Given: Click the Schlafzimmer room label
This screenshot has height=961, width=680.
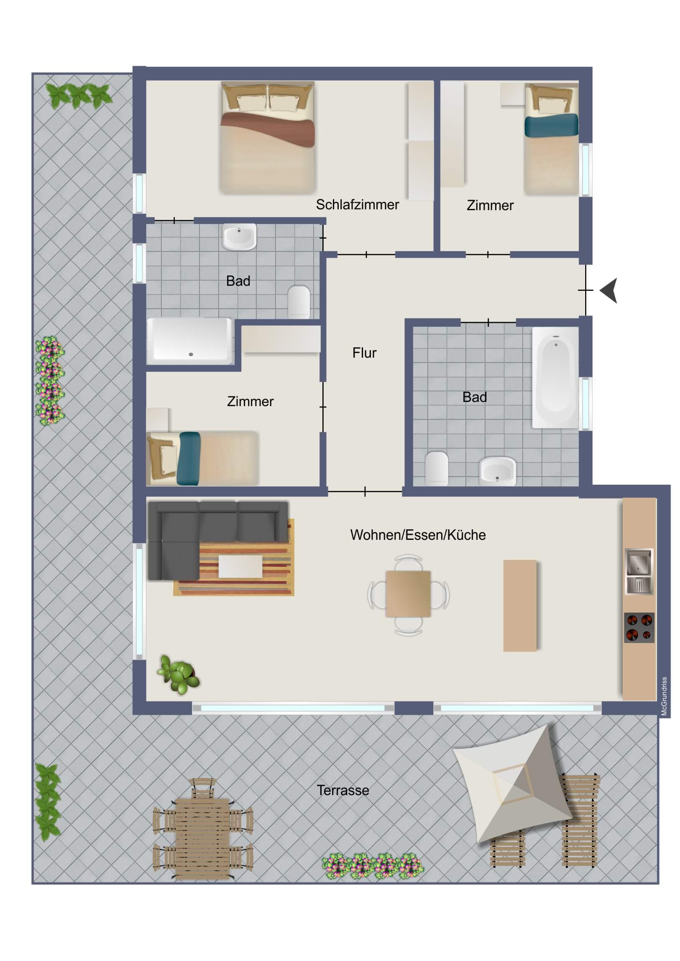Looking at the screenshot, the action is [357, 205].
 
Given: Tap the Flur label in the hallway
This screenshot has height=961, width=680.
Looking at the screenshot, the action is [364, 353].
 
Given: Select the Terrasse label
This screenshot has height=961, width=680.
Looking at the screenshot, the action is [343, 790].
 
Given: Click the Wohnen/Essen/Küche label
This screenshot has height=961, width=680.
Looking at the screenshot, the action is [418, 535].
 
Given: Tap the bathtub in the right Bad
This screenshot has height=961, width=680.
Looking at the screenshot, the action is [555, 377].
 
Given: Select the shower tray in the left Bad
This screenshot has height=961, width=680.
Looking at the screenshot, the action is [190, 341].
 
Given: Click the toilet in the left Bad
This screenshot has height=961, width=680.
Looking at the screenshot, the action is [299, 300].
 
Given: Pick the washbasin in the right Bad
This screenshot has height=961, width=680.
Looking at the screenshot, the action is [497, 471].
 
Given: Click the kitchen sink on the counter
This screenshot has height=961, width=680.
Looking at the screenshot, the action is [639, 571].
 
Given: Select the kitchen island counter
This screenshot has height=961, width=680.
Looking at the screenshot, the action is [519, 606].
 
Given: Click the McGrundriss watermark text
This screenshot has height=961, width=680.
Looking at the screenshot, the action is [664, 697].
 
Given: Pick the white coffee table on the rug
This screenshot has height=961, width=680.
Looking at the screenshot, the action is [240, 566].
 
